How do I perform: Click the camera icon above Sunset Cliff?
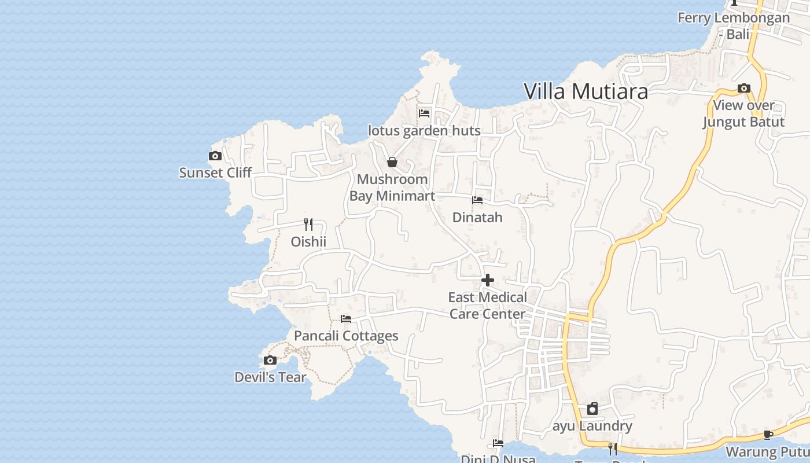coord(215,156)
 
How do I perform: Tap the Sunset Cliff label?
coord(215,172)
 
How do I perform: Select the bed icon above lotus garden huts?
coord(424,113)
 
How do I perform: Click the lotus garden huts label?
coord(424,131)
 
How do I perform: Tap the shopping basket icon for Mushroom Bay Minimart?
coord(392,162)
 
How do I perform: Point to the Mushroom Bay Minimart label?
coord(392,188)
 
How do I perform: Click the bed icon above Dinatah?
coord(477,200)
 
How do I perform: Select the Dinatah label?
coord(477,218)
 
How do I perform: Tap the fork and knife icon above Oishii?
coord(308,225)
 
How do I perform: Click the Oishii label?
coord(308,241)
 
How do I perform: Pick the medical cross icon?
coord(488,281)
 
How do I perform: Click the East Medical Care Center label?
coord(488,306)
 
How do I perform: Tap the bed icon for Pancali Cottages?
coord(346,319)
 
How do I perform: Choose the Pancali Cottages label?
coord(346,336)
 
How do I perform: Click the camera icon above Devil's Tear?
coord(270,361)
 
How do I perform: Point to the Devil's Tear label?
coord(270,377)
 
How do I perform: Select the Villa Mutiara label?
coord(586,91)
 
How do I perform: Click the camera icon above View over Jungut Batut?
coord(744,89)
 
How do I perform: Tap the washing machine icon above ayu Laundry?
coord(592,409)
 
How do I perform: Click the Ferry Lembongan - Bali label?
coord(734,25)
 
